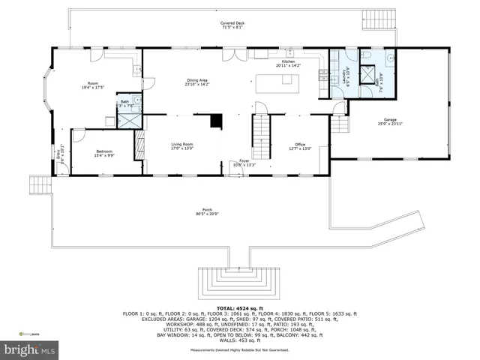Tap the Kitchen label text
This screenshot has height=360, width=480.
288,64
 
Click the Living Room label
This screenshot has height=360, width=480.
182,146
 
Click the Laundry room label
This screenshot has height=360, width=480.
345,76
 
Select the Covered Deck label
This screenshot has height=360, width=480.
232,25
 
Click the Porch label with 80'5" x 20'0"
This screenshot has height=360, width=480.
207,211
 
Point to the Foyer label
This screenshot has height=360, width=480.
244,163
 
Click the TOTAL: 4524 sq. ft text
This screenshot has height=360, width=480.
239,308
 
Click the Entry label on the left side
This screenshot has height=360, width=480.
53,157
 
